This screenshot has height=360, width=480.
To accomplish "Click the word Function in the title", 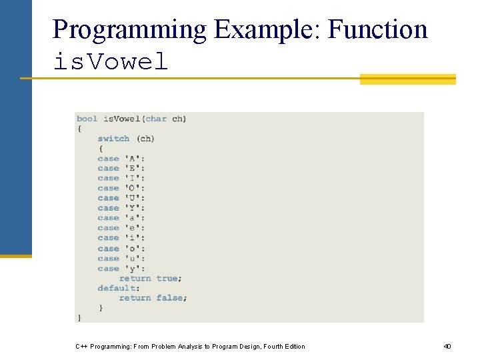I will coord(378,30).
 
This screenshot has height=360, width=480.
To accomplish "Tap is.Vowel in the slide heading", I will coord(111,62).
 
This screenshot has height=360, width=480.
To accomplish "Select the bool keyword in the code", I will coord(87,119).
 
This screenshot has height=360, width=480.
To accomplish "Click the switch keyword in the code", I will coord(113,139).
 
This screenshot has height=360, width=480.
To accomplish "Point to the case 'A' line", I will coord(121,159).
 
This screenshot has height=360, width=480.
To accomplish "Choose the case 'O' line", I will coord(121,188).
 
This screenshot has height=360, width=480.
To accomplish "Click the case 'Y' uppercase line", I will coord(121,208).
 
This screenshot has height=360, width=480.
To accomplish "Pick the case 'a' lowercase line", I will coord(121,218).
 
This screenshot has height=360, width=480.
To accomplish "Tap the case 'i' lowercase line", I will coord(121,238).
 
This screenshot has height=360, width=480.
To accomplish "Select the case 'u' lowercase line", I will coord(121,259).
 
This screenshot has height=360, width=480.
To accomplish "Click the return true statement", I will coord(150,278).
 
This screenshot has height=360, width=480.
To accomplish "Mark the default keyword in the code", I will coord(118,288).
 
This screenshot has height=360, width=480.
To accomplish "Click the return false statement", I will coord(153,298).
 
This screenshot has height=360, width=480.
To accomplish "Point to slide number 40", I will coord(447,347).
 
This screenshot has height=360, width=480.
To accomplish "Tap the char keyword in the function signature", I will coord(156,119).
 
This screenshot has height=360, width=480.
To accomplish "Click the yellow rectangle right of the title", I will coord(407,79).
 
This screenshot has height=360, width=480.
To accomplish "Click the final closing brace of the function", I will coord(79,317).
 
